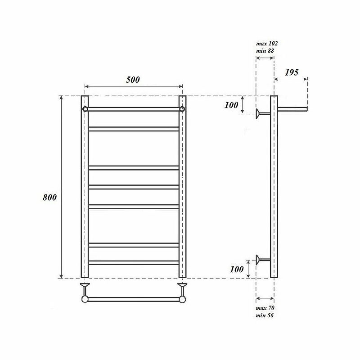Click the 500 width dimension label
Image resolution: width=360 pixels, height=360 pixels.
133,80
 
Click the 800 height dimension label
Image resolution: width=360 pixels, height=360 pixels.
49,198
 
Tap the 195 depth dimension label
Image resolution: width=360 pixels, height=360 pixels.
292,72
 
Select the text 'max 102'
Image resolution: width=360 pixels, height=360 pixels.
267,43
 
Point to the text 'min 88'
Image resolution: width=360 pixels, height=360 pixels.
265,51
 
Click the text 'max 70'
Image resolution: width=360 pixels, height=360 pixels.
265,308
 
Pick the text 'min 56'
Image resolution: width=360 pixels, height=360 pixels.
265,315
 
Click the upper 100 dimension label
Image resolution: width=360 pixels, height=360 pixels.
231,105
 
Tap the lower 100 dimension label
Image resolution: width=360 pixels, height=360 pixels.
237,269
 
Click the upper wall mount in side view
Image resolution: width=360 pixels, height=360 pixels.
263,114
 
